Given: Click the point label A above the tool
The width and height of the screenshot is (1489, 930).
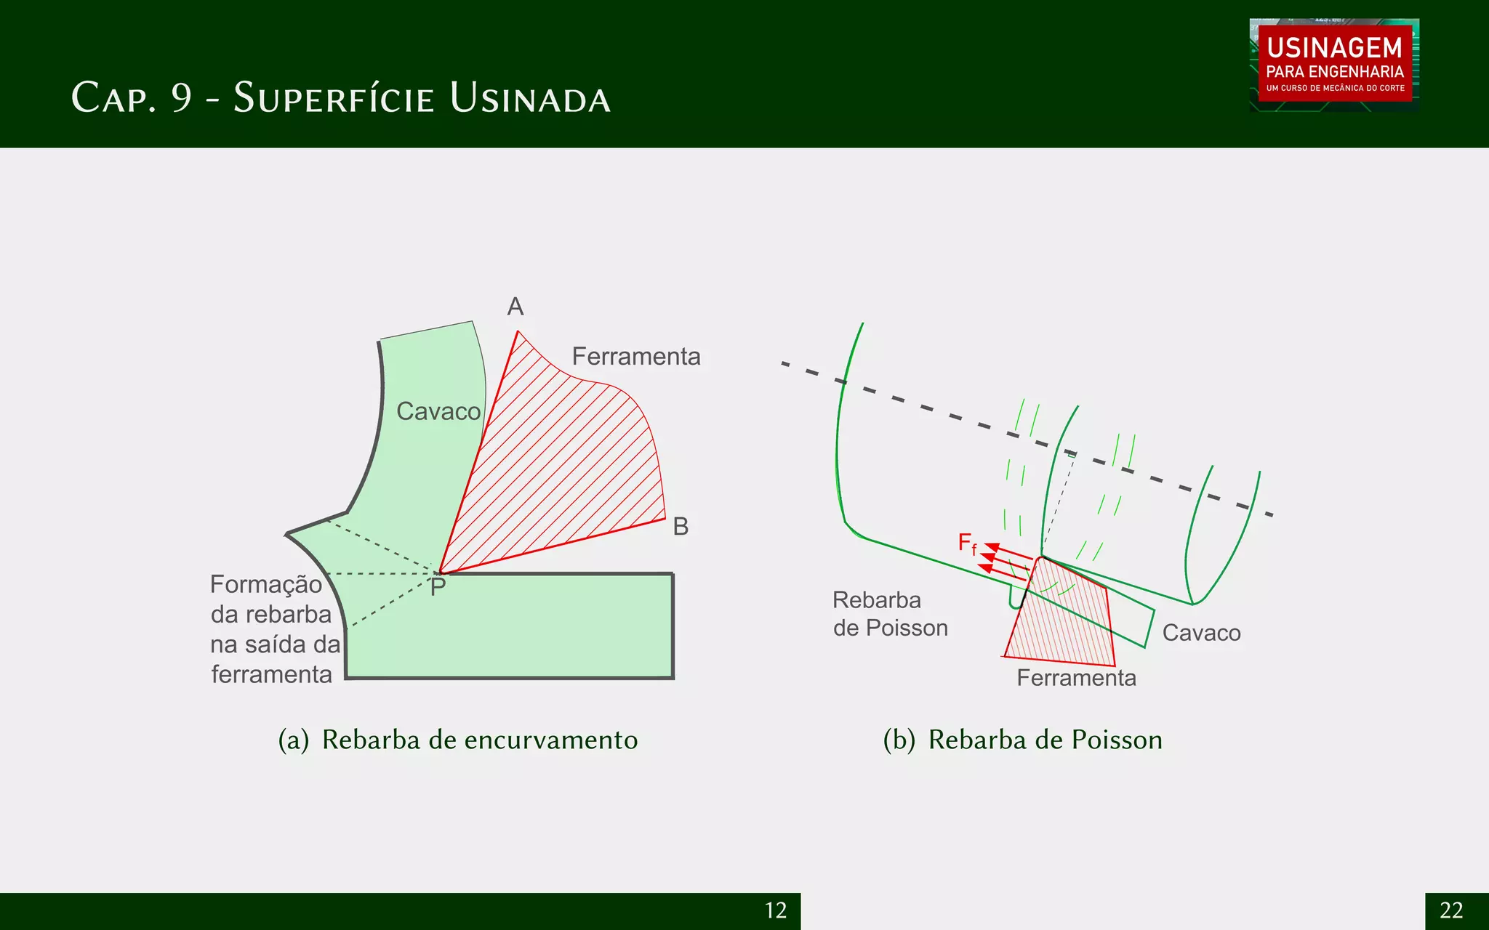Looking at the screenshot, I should point(515,307).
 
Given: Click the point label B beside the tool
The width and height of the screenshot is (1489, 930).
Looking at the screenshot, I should point(681,526).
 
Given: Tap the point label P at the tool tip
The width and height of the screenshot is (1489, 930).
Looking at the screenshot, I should point(438,587).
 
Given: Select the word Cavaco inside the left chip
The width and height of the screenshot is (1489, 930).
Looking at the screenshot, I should point(438,411).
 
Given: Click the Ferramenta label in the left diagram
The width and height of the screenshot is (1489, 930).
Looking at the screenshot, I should point(636,356).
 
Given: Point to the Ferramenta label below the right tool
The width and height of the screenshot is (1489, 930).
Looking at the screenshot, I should point(1076,678).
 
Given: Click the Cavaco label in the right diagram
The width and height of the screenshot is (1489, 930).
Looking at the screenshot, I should point(1201,633).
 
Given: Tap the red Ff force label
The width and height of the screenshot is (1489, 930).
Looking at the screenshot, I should point(968,543).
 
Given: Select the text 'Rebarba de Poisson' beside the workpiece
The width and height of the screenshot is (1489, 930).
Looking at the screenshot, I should point(890,614).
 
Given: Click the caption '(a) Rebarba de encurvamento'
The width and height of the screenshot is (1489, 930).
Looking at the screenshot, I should point(458,740).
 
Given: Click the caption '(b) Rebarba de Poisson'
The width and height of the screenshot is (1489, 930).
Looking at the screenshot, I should point(1022,740).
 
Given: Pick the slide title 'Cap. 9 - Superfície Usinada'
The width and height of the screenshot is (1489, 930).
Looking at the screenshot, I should point(341,98).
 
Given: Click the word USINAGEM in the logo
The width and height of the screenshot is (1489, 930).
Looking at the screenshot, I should point(1334,48).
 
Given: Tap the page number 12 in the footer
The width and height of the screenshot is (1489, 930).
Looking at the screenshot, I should point(776,910).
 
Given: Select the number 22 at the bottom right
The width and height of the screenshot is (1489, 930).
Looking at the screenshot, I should point(1451,910).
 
